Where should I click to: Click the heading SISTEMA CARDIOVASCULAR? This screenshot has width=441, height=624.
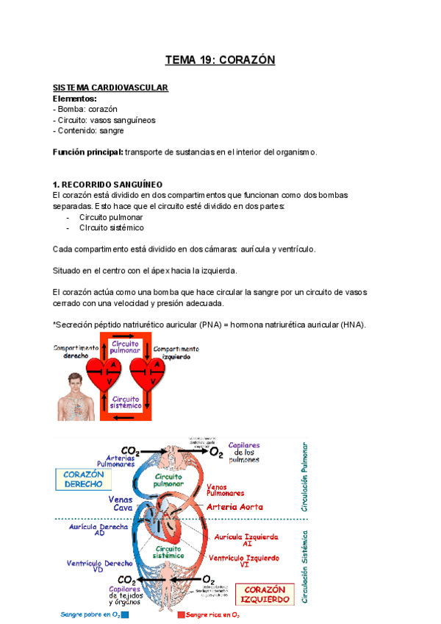tap(110, 88)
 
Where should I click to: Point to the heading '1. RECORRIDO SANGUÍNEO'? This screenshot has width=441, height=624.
tap(107, 184)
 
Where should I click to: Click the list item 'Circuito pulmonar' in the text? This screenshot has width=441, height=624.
tap(111, 217)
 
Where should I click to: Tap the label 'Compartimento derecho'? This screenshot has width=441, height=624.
tap(76, 352)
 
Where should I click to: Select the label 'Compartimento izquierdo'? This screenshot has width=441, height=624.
tap(177, 352)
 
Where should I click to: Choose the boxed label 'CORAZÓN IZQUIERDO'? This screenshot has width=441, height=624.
tap(266, 594)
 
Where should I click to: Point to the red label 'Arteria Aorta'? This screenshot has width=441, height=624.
tap(235, 506)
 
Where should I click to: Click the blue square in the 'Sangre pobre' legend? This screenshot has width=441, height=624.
tap(125, 614)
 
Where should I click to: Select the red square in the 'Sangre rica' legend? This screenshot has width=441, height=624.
tap(181, 614)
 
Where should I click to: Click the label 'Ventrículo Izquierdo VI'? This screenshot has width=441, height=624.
tap(245, 562)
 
